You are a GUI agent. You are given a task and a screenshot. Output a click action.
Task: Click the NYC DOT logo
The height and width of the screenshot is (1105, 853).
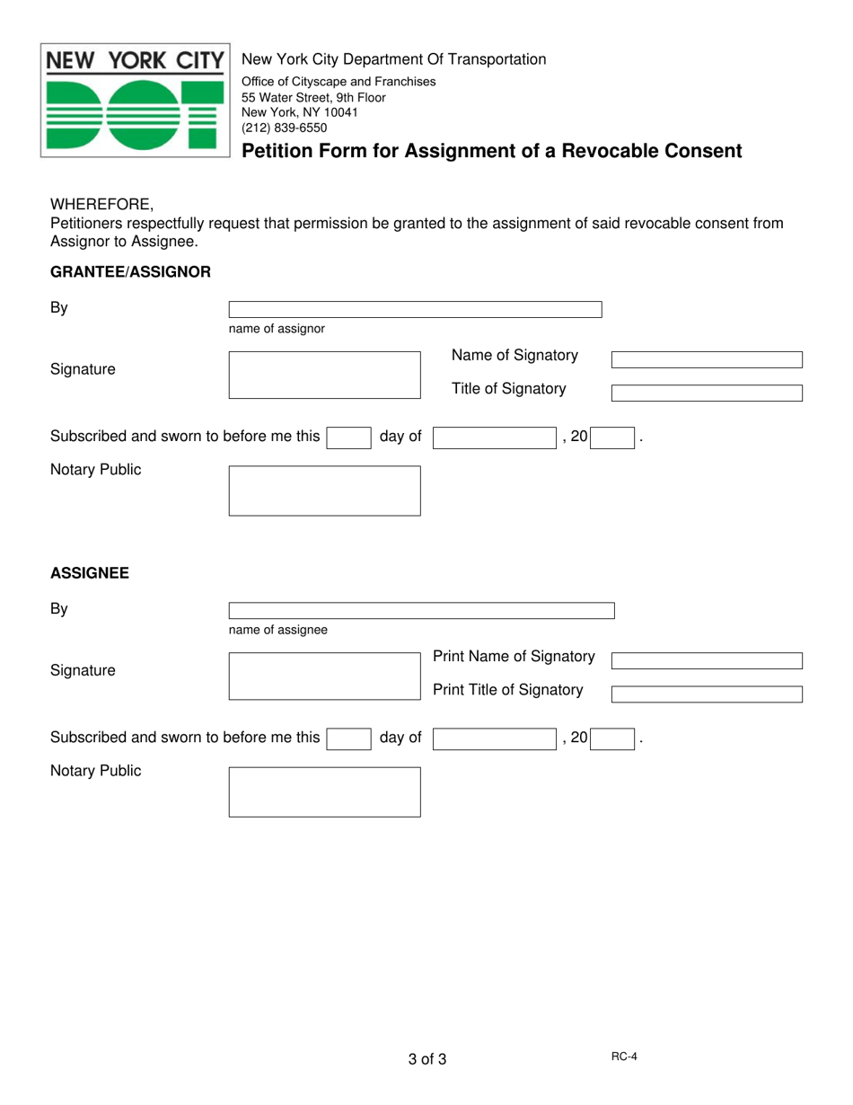click(135, 101)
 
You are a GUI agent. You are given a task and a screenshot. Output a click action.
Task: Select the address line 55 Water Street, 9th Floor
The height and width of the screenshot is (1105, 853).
click(313, 97)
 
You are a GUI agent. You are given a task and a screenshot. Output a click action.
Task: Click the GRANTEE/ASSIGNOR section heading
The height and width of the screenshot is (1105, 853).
click(130, 271)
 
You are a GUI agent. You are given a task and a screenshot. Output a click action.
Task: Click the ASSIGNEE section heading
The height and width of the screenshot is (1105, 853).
click(89, 572)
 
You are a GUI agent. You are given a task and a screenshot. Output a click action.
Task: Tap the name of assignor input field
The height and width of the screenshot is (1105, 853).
click(415, 310)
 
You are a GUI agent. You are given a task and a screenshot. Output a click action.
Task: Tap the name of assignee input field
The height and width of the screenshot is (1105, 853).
click(421, 611)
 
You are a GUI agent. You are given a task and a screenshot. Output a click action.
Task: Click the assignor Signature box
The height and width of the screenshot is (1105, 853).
click(324, 375)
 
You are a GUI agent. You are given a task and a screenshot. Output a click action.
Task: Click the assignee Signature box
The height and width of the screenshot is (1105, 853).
click(324, 676)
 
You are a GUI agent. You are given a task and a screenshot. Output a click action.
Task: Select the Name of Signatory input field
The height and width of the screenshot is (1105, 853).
click(707, 360)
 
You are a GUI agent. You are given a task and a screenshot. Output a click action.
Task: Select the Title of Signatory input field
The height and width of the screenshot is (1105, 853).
click(707, 393)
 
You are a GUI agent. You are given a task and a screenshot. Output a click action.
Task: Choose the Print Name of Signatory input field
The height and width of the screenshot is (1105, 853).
click(707, 661)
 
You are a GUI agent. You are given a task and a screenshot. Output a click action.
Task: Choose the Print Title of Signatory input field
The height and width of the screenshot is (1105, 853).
click(707, 694)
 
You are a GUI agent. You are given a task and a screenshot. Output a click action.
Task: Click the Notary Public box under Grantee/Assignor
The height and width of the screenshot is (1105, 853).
click(324, 491)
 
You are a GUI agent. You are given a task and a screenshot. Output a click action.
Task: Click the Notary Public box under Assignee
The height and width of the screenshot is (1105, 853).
click(324, 791)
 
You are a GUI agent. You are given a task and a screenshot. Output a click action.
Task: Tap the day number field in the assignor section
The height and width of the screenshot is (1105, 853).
click(348, 438)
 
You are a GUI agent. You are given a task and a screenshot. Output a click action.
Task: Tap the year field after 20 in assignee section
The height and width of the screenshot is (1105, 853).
click(612, 738)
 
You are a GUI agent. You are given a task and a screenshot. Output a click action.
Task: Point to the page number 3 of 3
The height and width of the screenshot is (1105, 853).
click(426, 1059)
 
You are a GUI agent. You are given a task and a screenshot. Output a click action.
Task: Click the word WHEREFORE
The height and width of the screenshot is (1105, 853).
click(101, 204)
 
